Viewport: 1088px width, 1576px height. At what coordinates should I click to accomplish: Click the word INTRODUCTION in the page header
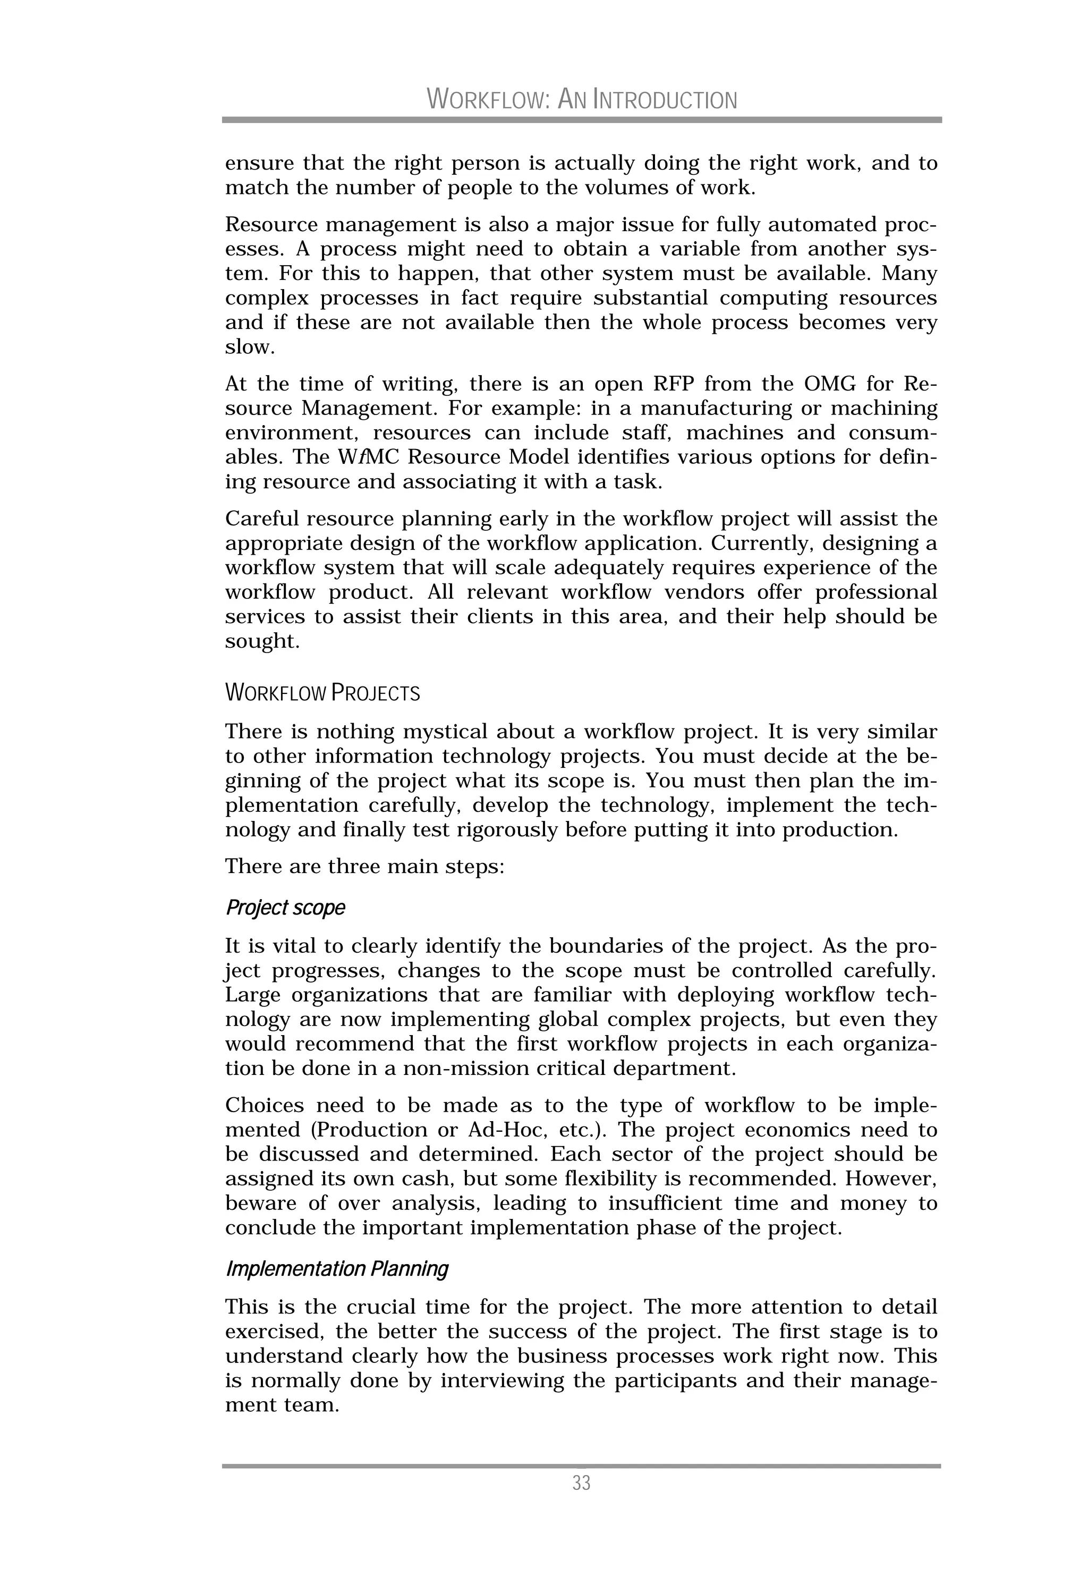point(665,100)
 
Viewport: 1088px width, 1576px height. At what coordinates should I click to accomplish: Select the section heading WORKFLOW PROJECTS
point(322,693)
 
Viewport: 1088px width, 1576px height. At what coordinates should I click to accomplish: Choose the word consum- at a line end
point(893,433)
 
